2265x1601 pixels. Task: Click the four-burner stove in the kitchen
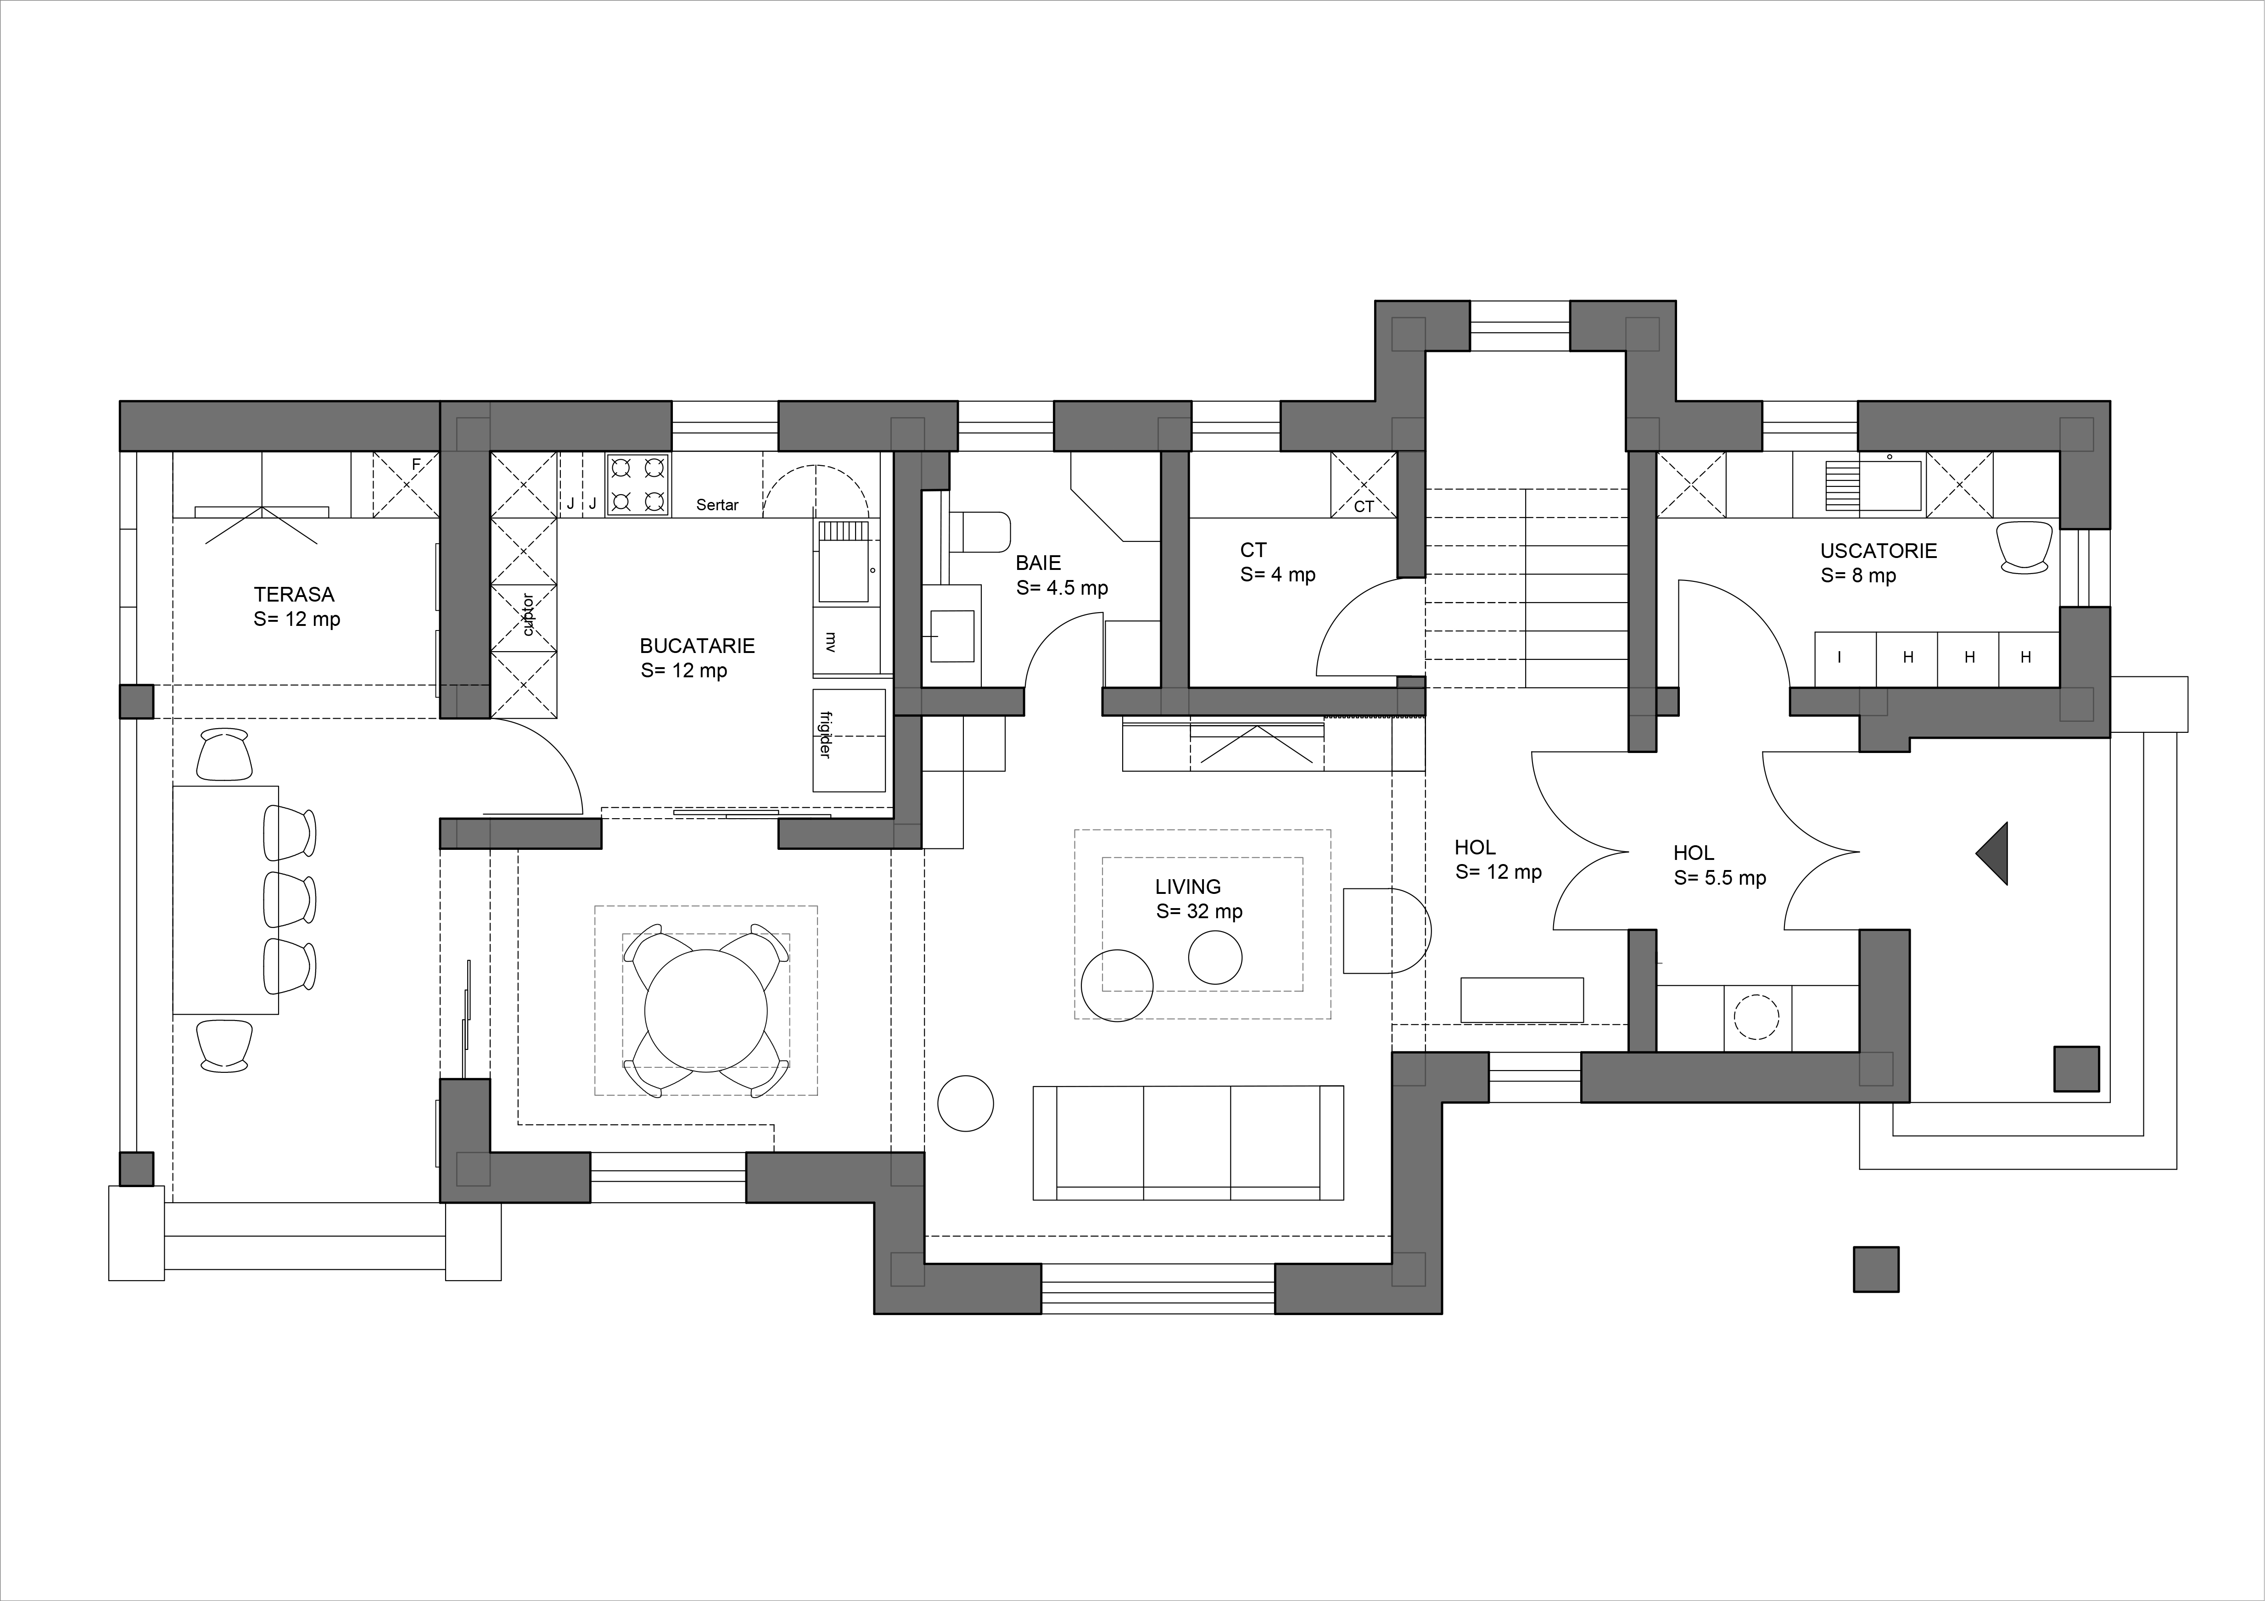638,485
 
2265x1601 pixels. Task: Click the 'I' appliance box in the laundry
1845,658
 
